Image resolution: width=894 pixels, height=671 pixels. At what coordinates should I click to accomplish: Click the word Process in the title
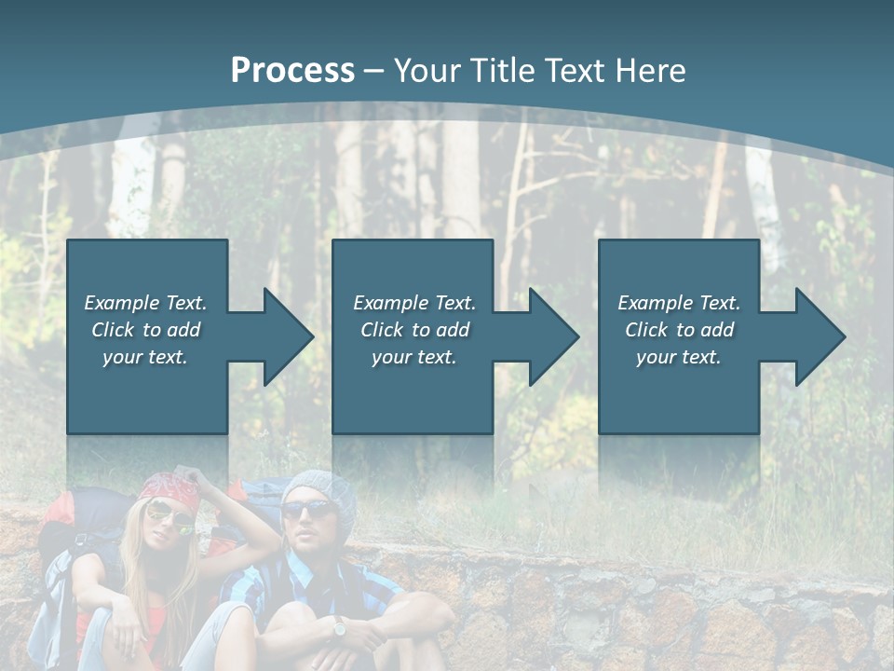pyautogui.click(x=292, y=71)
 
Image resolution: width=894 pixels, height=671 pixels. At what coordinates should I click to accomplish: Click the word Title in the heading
pyautogui.click(x=503, y=71)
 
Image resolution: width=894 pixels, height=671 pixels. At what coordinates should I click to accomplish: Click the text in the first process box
pyautogui.click(x=145, y=330)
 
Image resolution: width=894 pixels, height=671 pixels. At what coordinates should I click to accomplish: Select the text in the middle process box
pyautogui.click(x=414, y=330)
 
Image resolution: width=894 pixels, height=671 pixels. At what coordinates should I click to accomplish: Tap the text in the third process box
pyautogui.click(x=679, y=330)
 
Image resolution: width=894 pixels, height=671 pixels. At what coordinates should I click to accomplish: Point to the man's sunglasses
pyautogui.click(x=308, y=510)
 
